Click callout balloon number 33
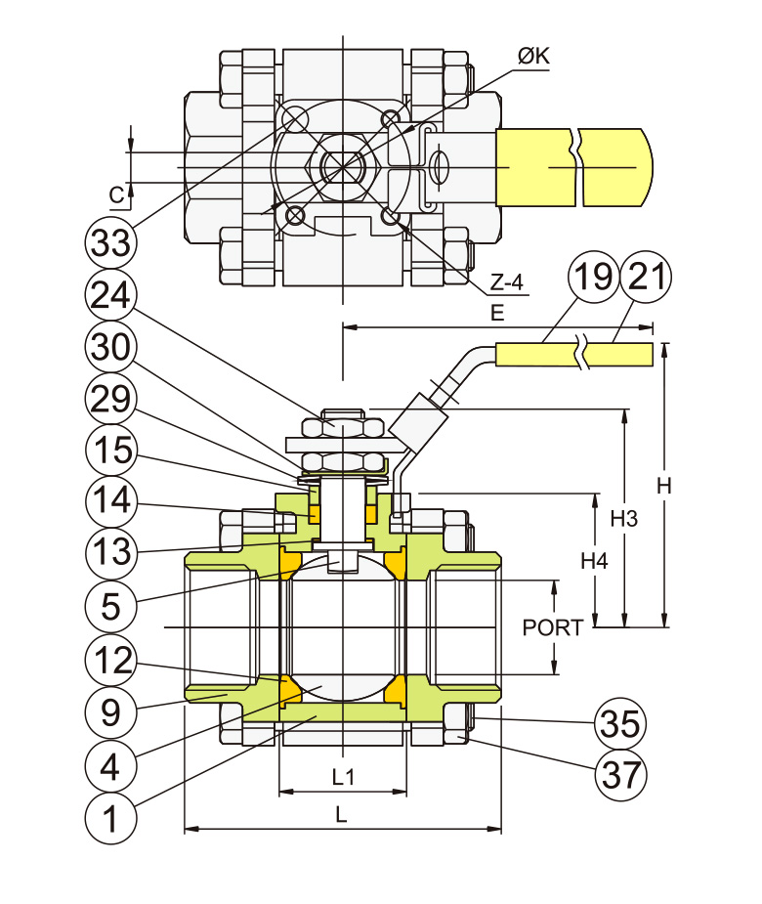[109, 241]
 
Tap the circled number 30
[109, 347]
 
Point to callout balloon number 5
[109, 607]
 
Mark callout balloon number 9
[109, 712]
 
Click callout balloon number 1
[109, 818]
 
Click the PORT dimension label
[552, 627]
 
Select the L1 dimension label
[342, 777]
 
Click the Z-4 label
[507, 283]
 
